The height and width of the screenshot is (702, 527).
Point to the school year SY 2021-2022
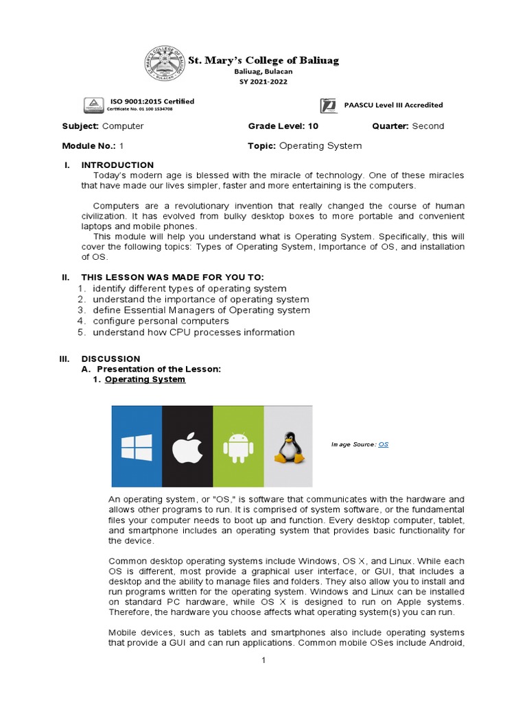263,82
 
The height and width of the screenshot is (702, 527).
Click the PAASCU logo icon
329,106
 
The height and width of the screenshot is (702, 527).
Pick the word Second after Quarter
428,126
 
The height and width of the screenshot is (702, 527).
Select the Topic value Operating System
320,146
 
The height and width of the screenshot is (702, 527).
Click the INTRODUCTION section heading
117,165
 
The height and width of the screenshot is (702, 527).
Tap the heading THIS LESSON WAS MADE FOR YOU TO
172,277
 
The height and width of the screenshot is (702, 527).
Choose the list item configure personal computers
161,321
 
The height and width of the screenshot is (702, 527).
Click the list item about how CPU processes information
194,332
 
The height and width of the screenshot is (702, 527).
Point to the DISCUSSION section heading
110,359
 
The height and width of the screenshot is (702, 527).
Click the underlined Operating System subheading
145,379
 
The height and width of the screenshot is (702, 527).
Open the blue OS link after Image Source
384,445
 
